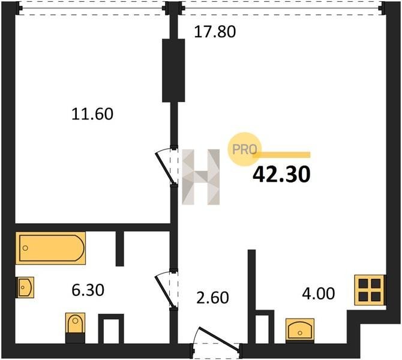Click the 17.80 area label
tap(215, 32)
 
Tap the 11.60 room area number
tap(92, 114)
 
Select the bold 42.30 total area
tap(281, 175)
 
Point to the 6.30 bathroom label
tap(88, 290)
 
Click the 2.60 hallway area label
tap(212, 298)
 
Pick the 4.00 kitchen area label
tap(319, 293)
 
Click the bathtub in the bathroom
tap(50, 248)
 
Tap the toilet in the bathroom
tap(75, 327)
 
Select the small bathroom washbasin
tap(25, 287)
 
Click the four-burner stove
tap(370, 290)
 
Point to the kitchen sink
tap(300, 330)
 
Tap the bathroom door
tap(166, 290)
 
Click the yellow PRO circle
tap(244, 149)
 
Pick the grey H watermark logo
tap(201, 176)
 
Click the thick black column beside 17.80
tap(173, 71)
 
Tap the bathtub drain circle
tap(25, 248)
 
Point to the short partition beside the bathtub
tap(120, 249)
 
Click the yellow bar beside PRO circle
tap(281, 155)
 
